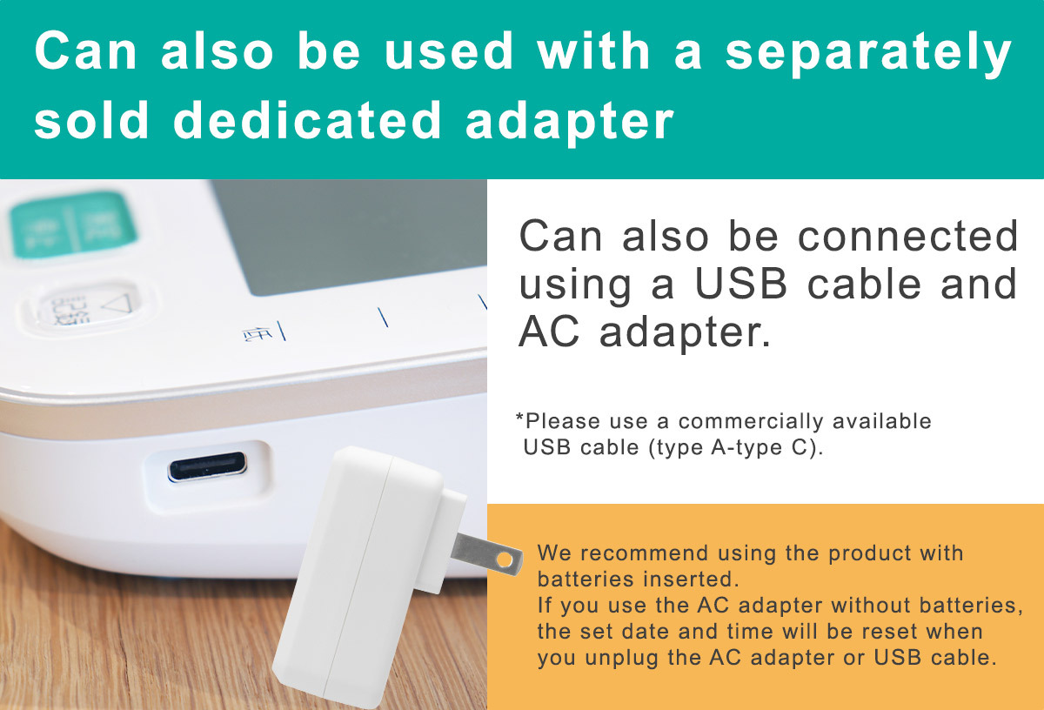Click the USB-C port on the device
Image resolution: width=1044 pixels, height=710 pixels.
tap(207, 466)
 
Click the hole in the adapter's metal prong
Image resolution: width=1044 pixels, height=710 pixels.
tap(505, 559)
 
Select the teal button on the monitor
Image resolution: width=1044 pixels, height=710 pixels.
tap(73, 224)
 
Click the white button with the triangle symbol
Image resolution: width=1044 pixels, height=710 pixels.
tap(88, 306)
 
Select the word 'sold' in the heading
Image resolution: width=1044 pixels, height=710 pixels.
tap(91, 120)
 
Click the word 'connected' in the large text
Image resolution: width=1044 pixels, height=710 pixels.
tap(908, 236)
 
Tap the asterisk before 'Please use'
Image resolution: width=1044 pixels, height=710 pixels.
tap(519, 416)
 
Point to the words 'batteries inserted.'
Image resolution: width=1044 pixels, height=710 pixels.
tap(638, 579)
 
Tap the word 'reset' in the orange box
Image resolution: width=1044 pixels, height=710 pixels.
tap(889, 631)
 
